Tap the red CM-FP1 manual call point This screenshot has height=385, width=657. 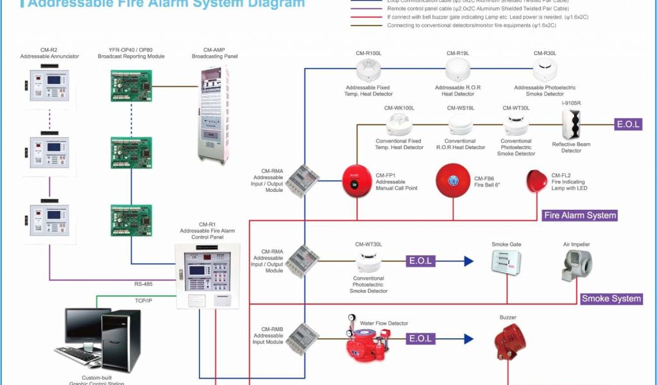click(x=357, y=180)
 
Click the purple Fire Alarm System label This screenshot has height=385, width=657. click(x=580, y=216)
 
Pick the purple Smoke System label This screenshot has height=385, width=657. click(x=611, y=298)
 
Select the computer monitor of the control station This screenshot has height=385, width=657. click(x=88, y=327)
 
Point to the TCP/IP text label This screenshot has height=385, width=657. click(x=143, y=300)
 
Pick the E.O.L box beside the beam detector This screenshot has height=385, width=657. click(x=627, y=124)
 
